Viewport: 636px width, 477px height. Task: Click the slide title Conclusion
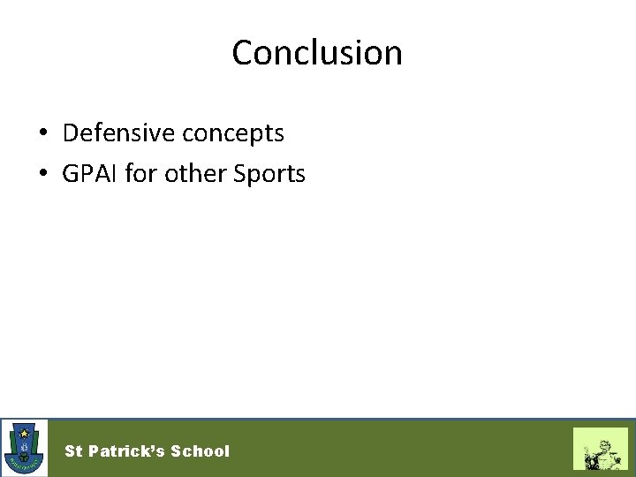point(317,53)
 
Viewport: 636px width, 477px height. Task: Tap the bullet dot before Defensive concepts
point(42,134)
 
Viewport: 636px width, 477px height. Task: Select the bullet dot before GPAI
point(42,175)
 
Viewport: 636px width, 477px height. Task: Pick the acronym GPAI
point(90,174)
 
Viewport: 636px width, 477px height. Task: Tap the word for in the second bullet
point(140,174)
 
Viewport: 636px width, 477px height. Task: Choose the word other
point(193,174)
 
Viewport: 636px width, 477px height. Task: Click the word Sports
point(269,175)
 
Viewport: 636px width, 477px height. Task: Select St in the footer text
point(73,451)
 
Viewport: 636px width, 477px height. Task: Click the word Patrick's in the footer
point(125,451)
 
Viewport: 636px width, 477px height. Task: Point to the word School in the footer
point(200,451)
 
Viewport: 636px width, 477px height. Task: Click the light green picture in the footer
point(600,449)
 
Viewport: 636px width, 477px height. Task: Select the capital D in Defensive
point(71,133)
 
